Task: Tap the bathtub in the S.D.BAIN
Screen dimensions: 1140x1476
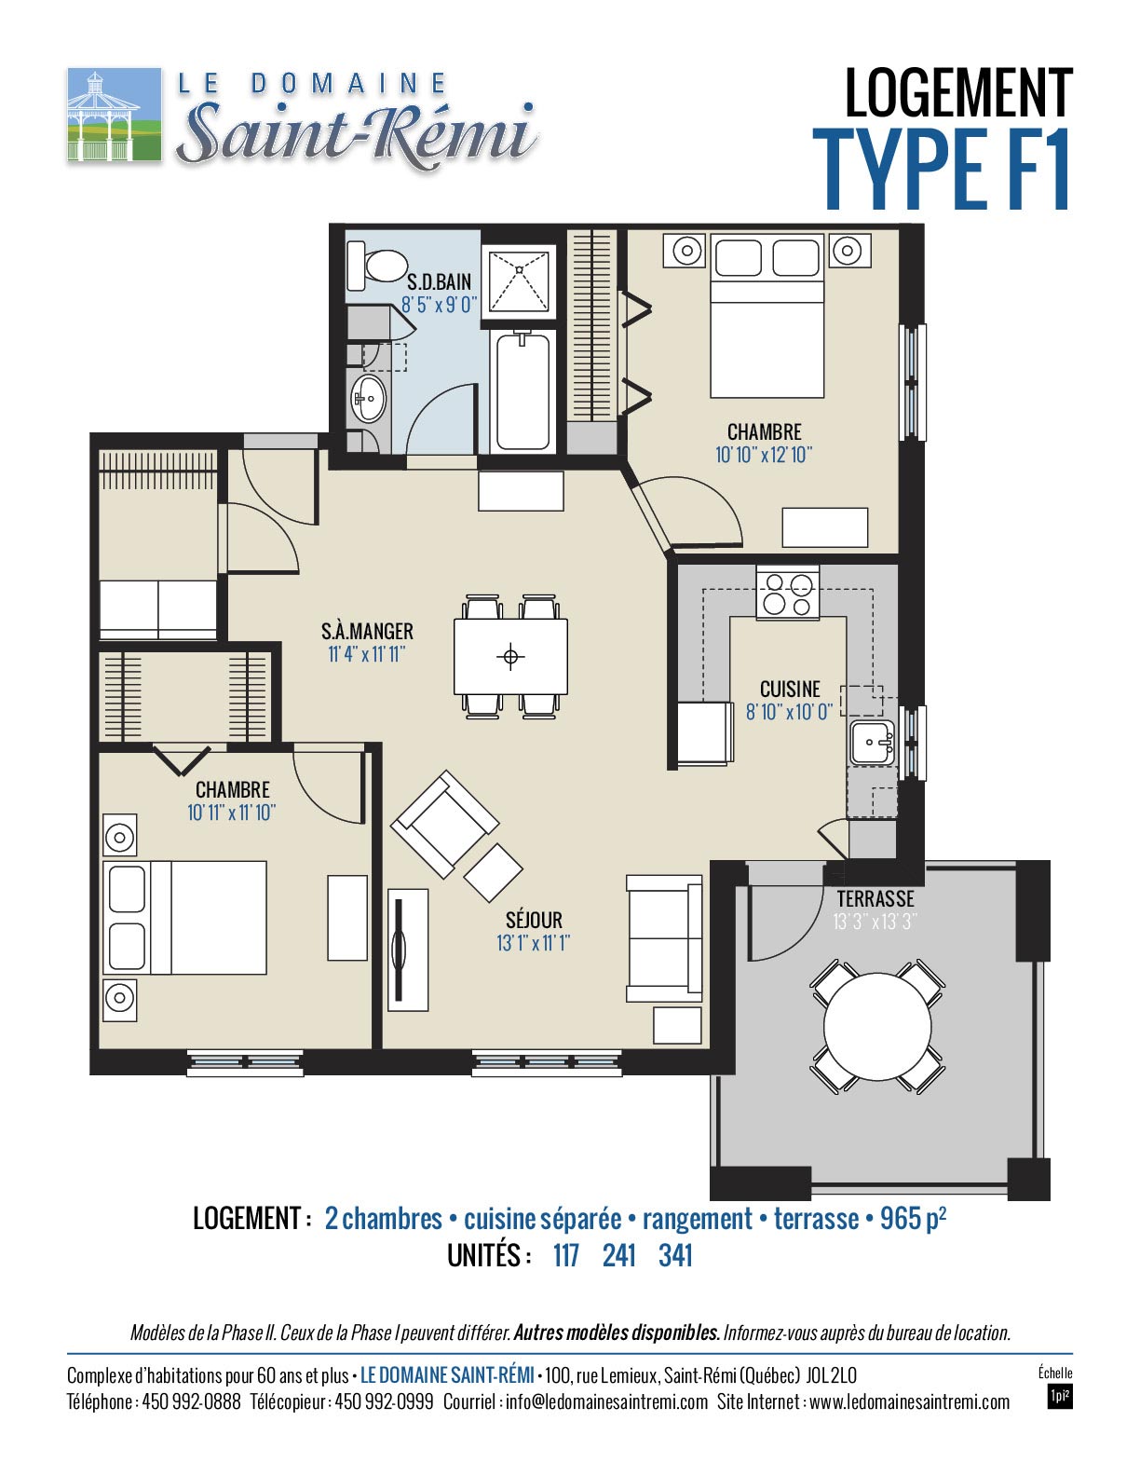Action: coord(522,392)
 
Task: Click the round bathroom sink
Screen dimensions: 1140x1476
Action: coord(368,397)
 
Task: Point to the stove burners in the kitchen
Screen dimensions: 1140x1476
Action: coord(788,594)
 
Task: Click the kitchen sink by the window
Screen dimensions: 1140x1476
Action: coord(874,743)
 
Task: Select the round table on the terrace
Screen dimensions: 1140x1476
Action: coord(877,1026)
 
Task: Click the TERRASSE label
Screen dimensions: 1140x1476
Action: coord(875,899)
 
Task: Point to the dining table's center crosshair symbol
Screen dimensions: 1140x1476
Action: coord(510,657)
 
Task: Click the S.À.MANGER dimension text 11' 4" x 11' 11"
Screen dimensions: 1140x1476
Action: coord(367,655)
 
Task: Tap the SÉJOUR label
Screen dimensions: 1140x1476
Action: coord(534,921)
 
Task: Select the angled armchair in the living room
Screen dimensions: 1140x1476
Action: coord(444,823)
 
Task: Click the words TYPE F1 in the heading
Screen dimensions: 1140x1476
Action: coord(942,170)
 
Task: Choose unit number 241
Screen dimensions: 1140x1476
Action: coord(618,1255)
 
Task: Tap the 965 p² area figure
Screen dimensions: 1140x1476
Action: coord(914,1218)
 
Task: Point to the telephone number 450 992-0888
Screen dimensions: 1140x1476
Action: coord(191,1402)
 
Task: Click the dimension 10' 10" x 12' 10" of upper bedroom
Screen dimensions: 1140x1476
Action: coord(764,455)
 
